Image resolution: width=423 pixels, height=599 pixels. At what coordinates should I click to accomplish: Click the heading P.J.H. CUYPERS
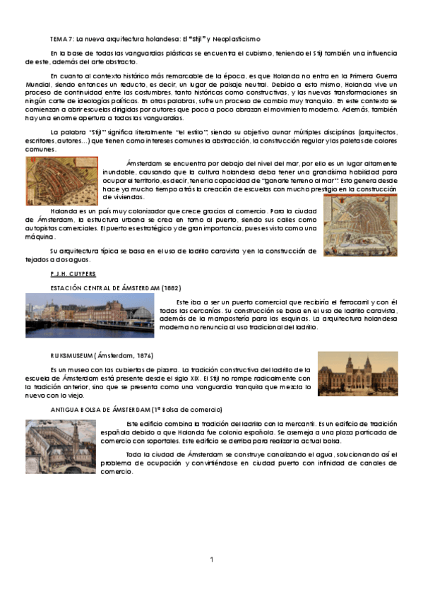(x=73, y=273)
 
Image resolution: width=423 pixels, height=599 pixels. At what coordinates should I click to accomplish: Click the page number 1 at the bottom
(x=211, y=559)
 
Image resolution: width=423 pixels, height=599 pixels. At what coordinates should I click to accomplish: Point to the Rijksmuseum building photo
(x=357, y=374)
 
